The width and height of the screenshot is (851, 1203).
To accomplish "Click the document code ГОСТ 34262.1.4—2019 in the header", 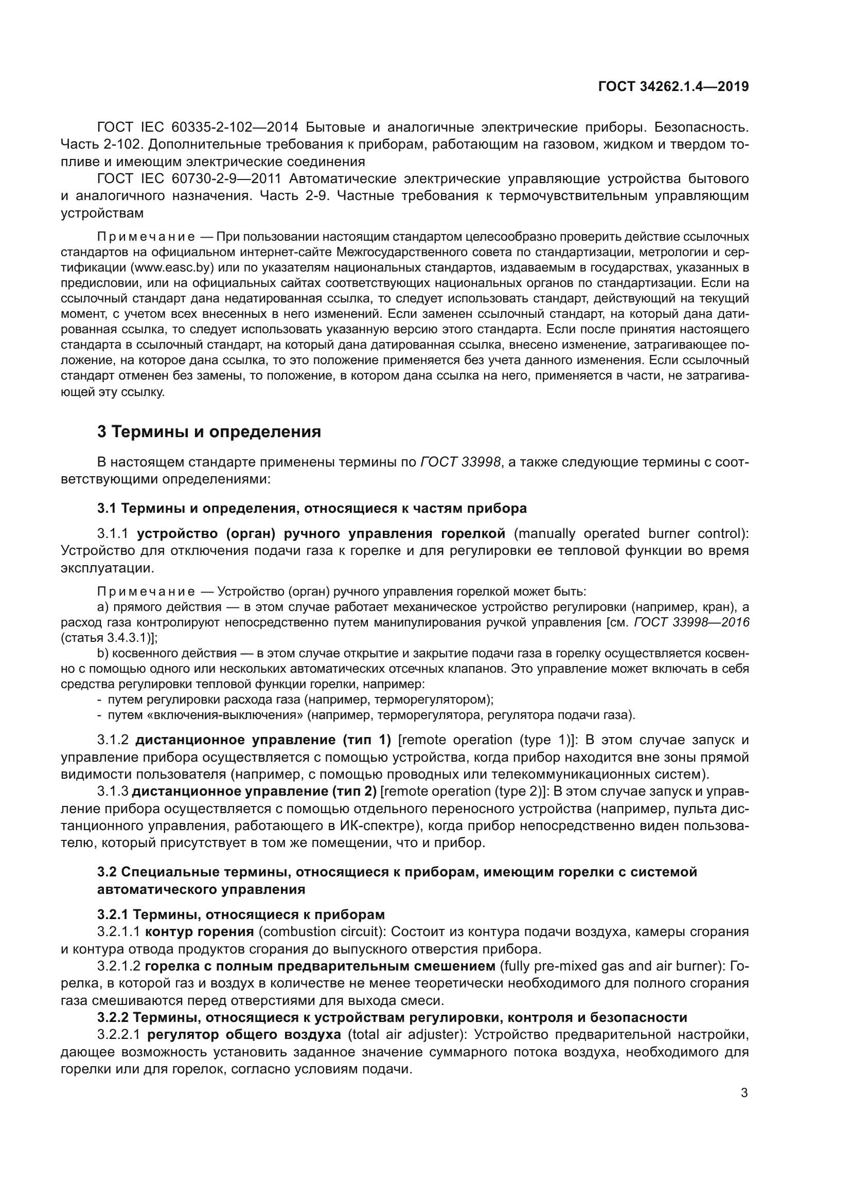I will click(x=673, y=86).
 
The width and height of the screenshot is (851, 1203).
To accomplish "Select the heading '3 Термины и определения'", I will click(x=209, y=432).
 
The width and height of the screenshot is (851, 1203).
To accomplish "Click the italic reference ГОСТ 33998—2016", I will click(x=692, y=622).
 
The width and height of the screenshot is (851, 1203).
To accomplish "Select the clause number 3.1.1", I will click(x=113, y=533).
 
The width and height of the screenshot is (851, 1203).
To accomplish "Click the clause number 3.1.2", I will click(x=113, y=740).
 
